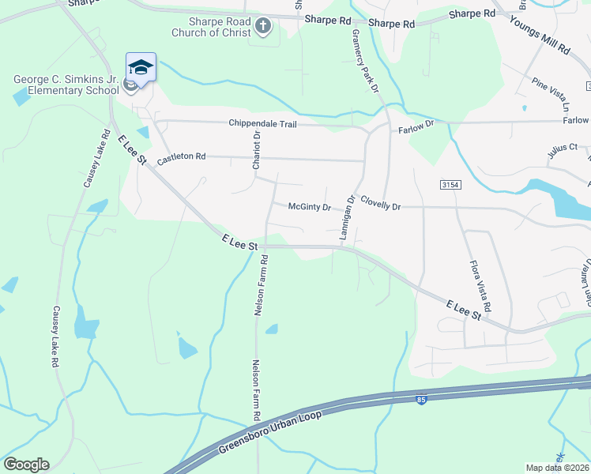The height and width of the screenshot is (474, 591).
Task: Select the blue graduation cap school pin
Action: pos(141,67)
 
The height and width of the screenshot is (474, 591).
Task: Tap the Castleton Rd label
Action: pos(181,158)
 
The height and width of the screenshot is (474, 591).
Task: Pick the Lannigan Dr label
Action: pos(346,218)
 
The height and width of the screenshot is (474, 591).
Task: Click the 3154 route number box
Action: pos(450,184)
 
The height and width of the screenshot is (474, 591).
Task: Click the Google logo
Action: pos(25,465)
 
